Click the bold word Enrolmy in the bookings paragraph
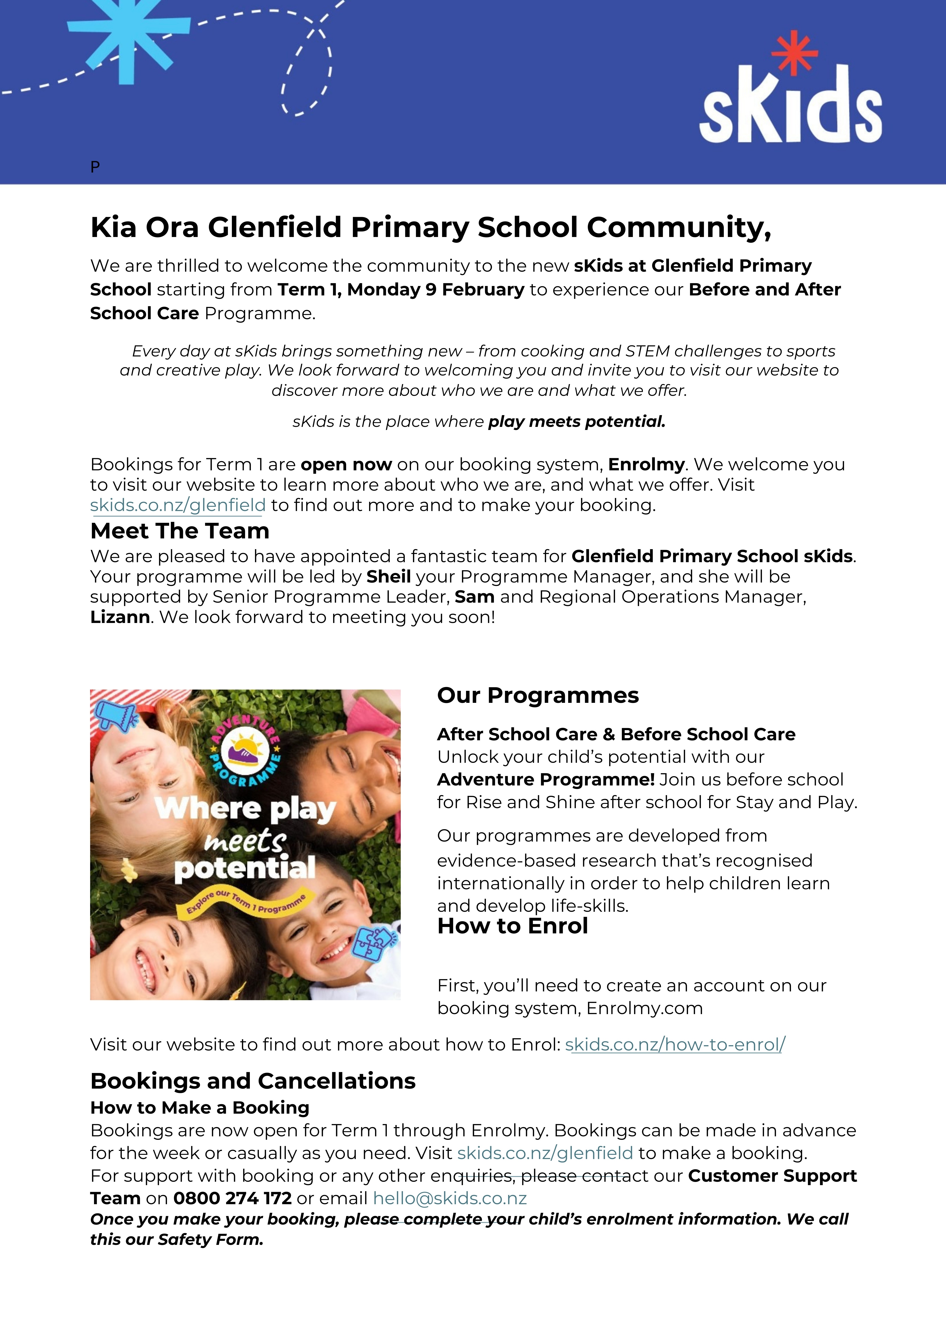[646, 465]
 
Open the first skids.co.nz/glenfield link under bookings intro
[178, 505]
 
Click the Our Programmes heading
[537, 695]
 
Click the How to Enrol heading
[512, 926]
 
